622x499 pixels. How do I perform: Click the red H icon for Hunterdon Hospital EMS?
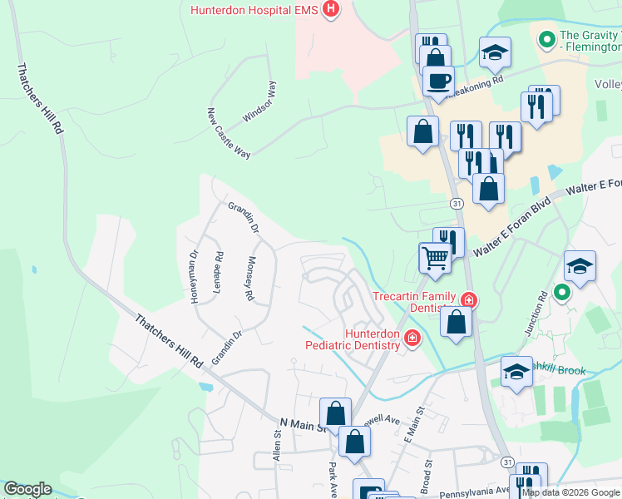coord(331,10)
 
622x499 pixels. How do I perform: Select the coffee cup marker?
coord(438,82)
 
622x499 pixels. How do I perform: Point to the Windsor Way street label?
coord(258,102)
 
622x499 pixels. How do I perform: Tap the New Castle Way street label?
coord(229,134)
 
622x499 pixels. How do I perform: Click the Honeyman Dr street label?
coord(194,277)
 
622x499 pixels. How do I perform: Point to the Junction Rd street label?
coord(534,313)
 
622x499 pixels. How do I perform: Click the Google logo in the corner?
coord(27,489)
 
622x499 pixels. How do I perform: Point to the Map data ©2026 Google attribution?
coord(570,492)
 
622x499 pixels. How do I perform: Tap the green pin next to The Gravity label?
coord(547,39)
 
